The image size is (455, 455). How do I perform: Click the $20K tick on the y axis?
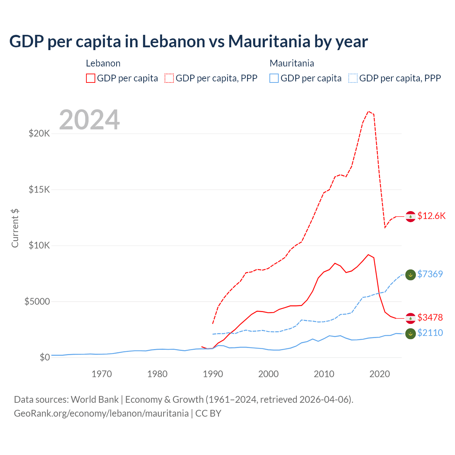[39, 134]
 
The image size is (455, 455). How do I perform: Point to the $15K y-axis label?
[39, 189]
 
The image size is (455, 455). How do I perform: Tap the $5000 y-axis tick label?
[37, 302]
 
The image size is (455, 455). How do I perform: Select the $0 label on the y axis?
[44, 357]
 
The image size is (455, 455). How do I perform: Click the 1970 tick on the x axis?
[102, 374]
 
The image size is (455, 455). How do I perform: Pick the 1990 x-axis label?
[213, 374]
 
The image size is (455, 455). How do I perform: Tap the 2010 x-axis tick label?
[324, 374]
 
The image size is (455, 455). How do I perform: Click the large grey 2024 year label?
[89, 120]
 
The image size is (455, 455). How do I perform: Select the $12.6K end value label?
[431, 216]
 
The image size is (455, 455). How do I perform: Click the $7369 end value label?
[430, 274]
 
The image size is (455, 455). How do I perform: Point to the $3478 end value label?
[430, 317]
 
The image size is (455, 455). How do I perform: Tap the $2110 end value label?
[430, 333]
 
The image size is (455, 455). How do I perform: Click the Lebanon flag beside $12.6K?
[411, 216]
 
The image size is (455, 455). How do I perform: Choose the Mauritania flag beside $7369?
[411, 274]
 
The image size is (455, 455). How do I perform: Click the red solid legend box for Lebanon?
[91, 78]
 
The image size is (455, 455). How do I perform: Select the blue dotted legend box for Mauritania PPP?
[353, 78]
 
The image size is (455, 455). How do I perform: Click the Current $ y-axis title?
[15, 228]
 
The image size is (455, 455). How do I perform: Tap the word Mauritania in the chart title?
[269, 42]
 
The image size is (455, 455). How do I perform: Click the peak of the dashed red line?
[369, 111]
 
